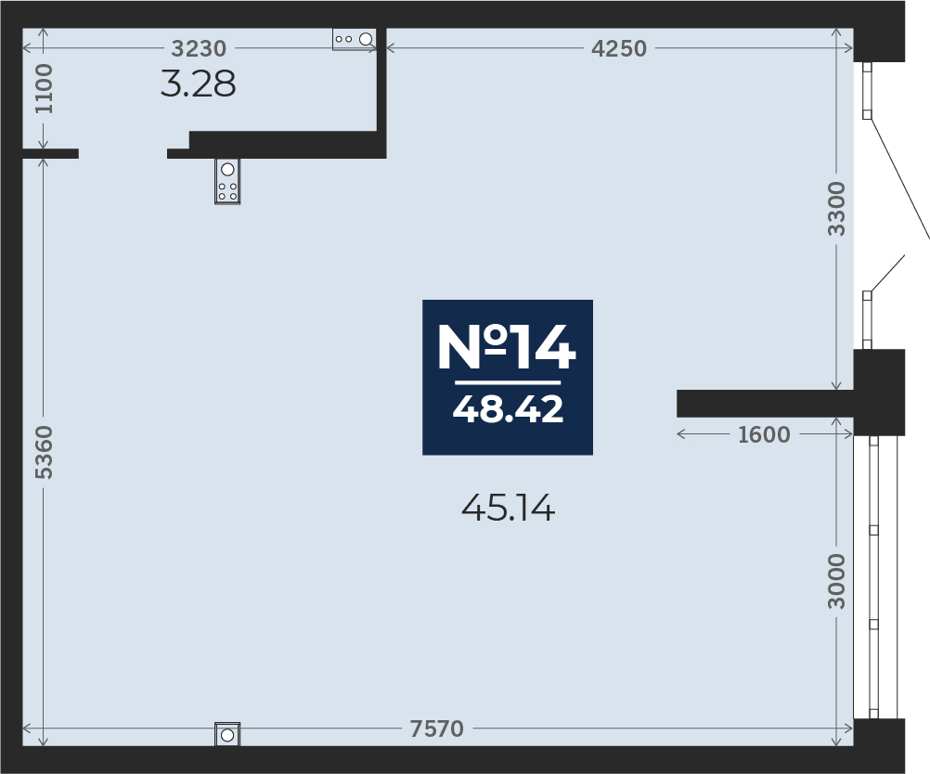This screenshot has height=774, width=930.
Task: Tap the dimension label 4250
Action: point(619,48)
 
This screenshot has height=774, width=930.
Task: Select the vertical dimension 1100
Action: point(45,88)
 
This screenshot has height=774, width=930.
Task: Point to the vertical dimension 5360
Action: point(45,452)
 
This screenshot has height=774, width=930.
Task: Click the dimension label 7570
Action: point(436,729)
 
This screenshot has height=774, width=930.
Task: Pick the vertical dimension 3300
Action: point(837,209)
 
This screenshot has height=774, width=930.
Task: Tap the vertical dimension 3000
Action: point(837,581)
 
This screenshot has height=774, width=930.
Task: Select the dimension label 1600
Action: point(764,434)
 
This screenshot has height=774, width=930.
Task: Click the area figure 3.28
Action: point(198,84)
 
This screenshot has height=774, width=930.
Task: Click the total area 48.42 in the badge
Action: point(508,408)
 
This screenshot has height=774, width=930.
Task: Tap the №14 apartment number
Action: point(507,348)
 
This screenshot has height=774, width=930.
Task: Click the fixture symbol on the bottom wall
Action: point(227,735)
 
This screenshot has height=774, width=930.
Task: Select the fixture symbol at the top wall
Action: point(355,38)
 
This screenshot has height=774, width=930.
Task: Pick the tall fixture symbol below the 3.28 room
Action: point(227,181)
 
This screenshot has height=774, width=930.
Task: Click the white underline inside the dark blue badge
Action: point(508,381)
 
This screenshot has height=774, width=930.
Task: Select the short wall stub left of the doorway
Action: point(50,153)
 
